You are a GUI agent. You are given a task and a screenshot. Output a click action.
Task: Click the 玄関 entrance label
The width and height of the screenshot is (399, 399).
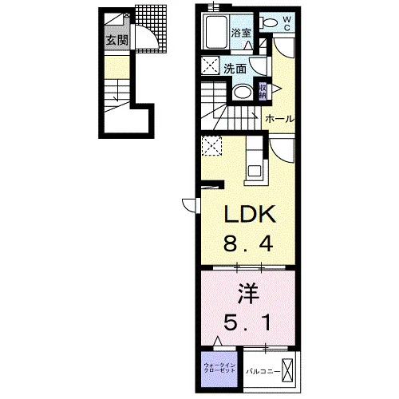tap(117, 41)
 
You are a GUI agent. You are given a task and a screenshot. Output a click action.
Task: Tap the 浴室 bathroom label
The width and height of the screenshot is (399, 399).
tap(241, 33)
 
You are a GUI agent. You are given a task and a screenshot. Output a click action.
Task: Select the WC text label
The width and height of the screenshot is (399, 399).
tap(286, 23)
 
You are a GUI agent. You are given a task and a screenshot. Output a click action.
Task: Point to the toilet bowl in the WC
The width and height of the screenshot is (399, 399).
tap(270, 22)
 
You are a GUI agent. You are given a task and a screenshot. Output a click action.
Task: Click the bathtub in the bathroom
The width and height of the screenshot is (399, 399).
tap(216, 32)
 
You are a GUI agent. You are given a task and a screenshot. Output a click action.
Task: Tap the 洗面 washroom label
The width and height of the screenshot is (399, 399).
tap(235, 69)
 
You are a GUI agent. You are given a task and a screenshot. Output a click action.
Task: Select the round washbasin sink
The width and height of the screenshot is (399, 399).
tap(243, 93)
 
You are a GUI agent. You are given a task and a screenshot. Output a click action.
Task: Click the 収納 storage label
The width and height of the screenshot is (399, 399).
tap(263, 91)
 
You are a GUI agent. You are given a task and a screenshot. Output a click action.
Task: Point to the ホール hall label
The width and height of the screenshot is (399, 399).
tap(280, 119)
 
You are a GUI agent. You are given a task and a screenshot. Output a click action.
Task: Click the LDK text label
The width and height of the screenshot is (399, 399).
tap(250, 215)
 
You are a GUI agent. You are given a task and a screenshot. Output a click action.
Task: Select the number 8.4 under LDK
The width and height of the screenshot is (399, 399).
tap(248, 244)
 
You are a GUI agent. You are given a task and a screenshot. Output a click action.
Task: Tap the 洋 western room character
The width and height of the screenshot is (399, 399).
tap(248, 294)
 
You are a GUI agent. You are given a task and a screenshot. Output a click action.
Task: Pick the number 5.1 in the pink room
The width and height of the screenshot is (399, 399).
tap(247, 322)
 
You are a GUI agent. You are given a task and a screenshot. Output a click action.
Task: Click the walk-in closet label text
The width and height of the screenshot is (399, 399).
tap(219, 368)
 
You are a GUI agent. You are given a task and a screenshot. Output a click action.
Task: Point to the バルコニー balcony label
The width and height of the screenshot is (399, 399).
tap(263, 371)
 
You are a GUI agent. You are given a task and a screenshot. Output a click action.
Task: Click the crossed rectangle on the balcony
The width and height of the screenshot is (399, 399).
tap(287, 370)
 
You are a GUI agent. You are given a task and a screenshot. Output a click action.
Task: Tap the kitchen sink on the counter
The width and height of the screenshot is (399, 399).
tap(255, 171)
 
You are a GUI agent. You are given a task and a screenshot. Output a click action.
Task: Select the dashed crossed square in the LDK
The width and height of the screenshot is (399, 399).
tap(211, 146)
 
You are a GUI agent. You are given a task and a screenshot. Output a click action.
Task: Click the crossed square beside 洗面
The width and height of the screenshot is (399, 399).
tap(210, 65)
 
